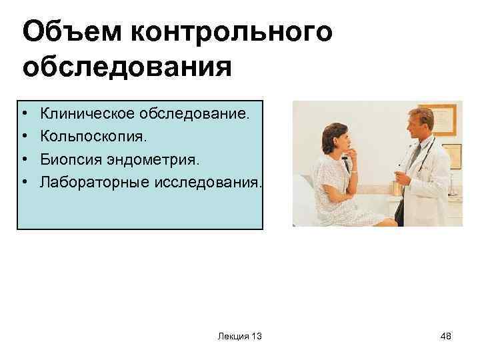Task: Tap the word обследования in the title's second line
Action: click(x=127, y=68)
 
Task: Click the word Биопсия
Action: click(x=70, y=159)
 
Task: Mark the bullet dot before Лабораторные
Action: click(x=24, y=181)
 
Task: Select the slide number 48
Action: click(x=445, y=337)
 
